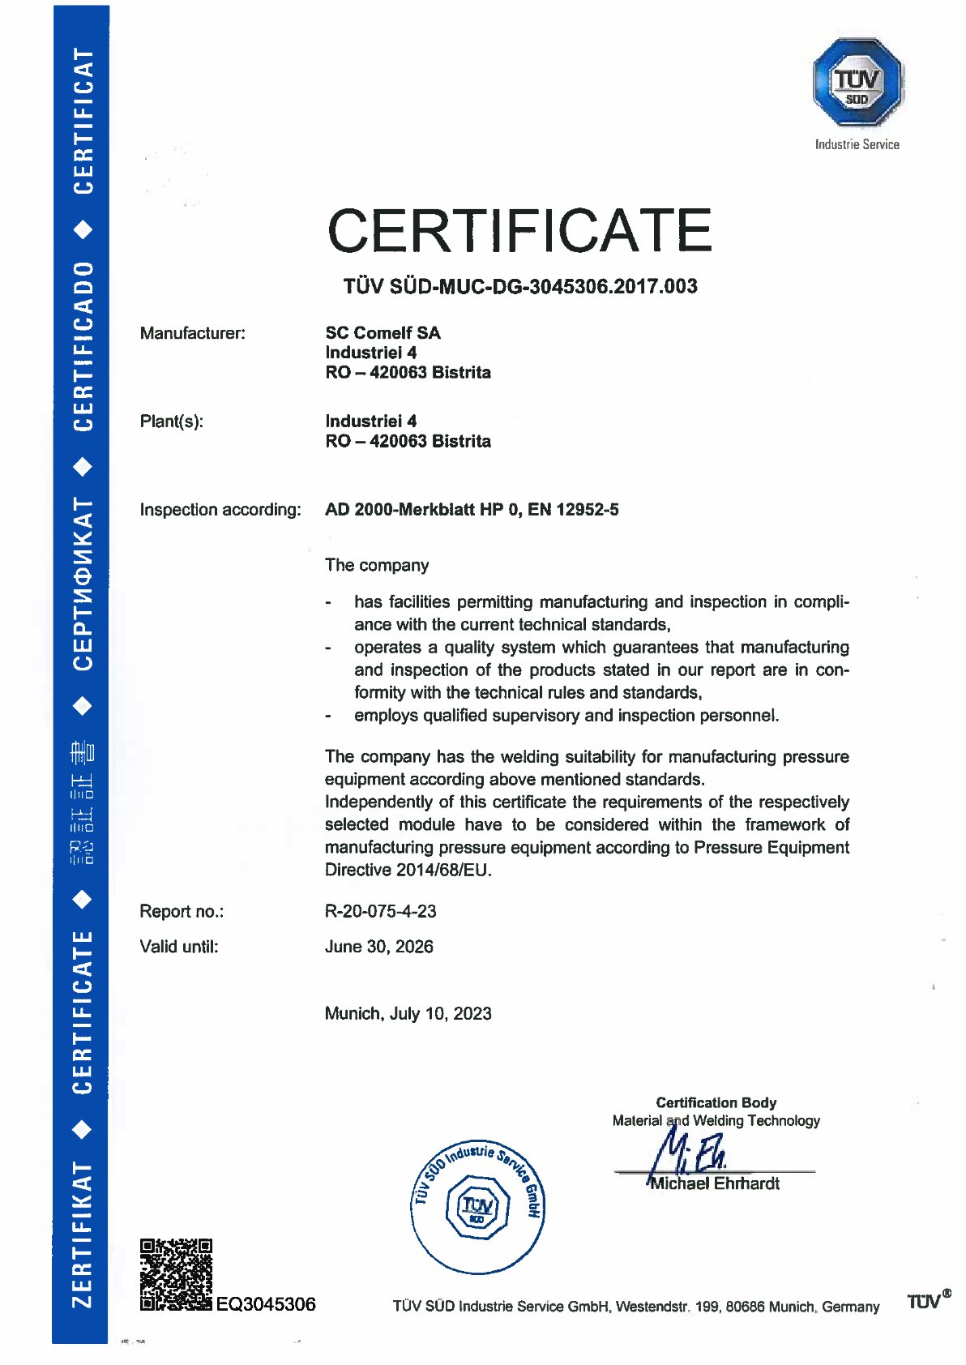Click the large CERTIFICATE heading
point(519,230)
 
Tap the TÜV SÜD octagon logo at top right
point(857,83)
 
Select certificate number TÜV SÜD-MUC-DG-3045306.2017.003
point(519,286)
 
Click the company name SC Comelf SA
point(383,333)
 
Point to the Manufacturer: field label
point(192,333)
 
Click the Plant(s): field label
point(171,421)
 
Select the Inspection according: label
point(220,510)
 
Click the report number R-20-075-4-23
point(380,911)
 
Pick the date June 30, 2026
point(378,947)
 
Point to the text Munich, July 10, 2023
point(408,1014)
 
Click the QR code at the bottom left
point(176,1274)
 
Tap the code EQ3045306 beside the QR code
point(266,1304)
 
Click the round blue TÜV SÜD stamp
point(477,1206)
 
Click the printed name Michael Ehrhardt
point(715,1183)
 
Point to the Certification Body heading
point(716,1102)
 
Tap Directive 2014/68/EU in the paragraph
point(408,870)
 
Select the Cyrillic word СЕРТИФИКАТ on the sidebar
point(82,584)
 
